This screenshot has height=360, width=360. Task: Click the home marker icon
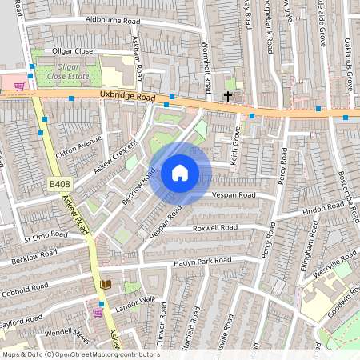(x=180, y=172)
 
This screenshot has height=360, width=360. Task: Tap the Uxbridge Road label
(x=127, y=96)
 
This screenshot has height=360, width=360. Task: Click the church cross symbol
(x=228, y=97)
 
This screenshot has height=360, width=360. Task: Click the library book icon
(x=106, y=284)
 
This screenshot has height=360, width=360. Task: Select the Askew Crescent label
(x=115, y=156)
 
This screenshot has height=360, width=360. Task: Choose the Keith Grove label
(x=235, y=145)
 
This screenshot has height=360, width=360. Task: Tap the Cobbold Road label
(x=25, y=270)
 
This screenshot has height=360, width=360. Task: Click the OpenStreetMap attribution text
(x=81, y=354)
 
